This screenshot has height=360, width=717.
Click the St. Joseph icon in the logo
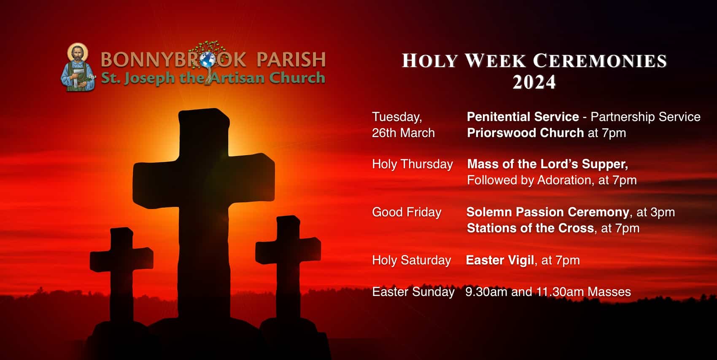pyautogui.click(x=78, y=67)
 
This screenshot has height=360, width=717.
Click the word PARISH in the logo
pyautogui.click(x=291, y=59)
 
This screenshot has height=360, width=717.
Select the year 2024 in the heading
pyautogui.click(x=534, y=82)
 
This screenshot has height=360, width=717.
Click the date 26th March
pyautogui.click(x=403, y=133)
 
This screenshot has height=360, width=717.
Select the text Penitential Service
pyautogui.click(x=523, y=117)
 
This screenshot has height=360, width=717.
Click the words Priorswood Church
pyautogui.click(x=525, y=133)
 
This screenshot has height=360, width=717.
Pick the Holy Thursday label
pyautogui.click(x=412, y=164)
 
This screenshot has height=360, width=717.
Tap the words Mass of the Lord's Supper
pyautogui.click(x=547, y=164)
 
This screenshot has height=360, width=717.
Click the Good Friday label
pyautogui.click(x=407, y=212)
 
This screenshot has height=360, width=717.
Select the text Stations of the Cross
pyautogui.click(x=530, y=228)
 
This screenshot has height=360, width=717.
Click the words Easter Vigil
pyautogui.click(x=500, y=260)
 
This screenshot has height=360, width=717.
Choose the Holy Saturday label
pyautogui.click(x=411, y=261)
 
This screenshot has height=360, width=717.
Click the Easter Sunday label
pyautogui.click(x=413, y=292)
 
